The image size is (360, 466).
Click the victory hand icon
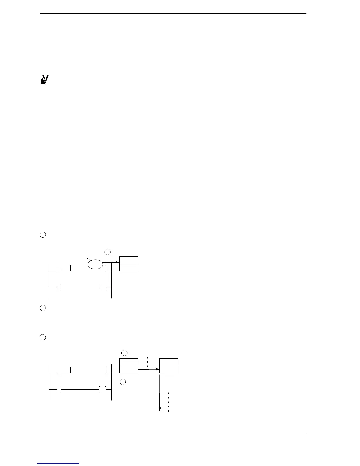pyautogui.click(x=44, y=80)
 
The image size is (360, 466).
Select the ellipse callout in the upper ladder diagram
pyautogui.click(x=95, y=264)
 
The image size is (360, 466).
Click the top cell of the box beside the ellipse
pyautogui.click(x=129, y=260)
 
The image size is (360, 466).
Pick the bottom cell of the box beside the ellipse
pyautogui.click(x=129, y=267)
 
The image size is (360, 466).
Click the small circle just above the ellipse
pyautogui.click(x=108, y=252)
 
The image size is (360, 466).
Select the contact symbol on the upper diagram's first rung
pyautogui.click(x=59, y=271)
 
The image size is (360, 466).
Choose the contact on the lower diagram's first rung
pyautogui.click(x=59, y=373)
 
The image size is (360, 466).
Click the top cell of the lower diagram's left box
pyautogui.click(x=129, y=362)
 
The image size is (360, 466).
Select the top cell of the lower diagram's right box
pyautogui.click(x=169, y=362)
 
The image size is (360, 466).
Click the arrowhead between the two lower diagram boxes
pyautogui.click(x=157, y=369)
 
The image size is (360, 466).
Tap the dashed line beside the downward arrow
pyautogui.click(x=168, y=402)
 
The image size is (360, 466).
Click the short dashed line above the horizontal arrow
pyautogui.click(x=147, y=362)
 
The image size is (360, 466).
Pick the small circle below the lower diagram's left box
pyautogui.click(x=123, y=382)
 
